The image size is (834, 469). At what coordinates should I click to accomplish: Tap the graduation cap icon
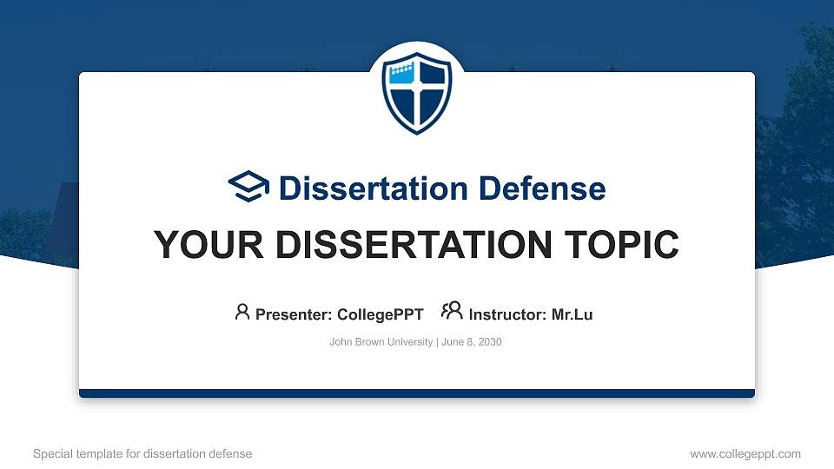click(x=248, y=187)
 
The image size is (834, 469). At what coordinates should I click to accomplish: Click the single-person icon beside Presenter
click(x=242, y=312)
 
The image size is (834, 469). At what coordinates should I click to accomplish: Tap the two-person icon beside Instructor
click(x=452, y=312)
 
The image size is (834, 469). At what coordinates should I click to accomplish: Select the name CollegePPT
click(x=380, y=314)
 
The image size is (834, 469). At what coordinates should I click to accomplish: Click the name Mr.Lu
click(x=572, y=314)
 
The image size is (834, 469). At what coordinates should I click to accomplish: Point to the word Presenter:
click(x=294, y=314)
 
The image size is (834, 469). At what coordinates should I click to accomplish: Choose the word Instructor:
click(x=508, y=314)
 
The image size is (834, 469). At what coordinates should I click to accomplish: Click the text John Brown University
click(x=381, y=342)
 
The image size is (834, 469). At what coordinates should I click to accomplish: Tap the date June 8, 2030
click(x=471, y=342)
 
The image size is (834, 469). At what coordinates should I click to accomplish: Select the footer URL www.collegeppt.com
click(x=745, y=454)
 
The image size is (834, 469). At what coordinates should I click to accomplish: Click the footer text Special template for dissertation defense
click(x=142, y=454)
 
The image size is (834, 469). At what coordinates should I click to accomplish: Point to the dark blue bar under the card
click(x=417, y=393)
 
